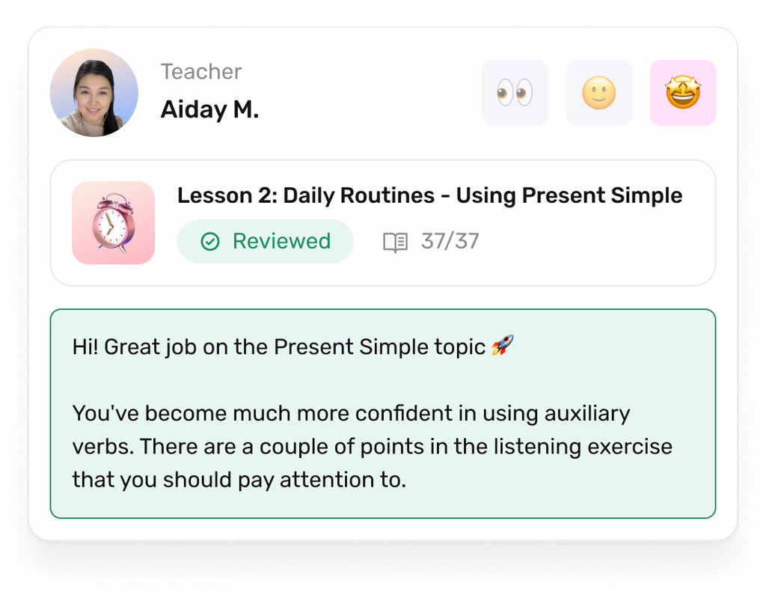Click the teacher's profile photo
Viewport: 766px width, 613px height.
[94, 93]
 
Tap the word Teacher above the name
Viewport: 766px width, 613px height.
[201, 72]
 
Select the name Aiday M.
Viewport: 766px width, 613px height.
[209, 109]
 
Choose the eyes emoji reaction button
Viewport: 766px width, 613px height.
[515, 93]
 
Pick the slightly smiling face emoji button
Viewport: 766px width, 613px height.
[599, 93]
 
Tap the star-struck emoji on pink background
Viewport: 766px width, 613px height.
[683, 93]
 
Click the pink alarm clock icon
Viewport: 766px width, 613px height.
[114, 223]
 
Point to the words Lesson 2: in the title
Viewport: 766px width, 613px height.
[227, 195]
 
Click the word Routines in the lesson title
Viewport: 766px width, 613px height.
[387, 195]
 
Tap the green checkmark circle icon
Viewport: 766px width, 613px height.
[210, 242]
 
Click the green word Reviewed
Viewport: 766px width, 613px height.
[281, 241]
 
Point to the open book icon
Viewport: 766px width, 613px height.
[395, 243]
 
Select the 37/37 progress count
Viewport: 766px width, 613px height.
[450, 242]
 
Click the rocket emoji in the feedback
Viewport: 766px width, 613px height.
[503, 345]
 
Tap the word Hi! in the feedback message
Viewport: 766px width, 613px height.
[85, 347]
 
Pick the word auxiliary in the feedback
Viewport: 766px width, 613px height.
[587, 415]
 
